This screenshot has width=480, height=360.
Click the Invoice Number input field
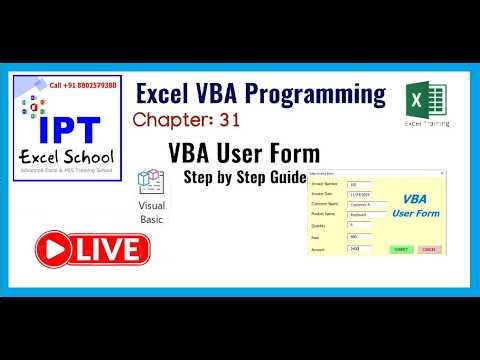click(x=359, y=185)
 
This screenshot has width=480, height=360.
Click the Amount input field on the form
click(x=359, y=247)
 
